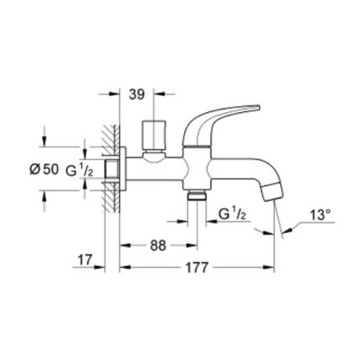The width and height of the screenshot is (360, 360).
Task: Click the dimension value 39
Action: tap(136, 95)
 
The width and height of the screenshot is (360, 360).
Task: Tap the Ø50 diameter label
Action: tap(44, 169)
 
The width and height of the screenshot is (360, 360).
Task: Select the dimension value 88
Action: tap(158, 245)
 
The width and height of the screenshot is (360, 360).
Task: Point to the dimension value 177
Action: tap(197, 268)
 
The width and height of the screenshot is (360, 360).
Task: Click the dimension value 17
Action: tap(85, 260)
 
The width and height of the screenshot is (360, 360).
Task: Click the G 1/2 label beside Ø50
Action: tap(80, 170)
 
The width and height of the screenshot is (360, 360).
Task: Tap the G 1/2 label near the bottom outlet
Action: tap(232, 214)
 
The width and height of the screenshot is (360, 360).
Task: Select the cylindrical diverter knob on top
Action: tap(154, 135)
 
